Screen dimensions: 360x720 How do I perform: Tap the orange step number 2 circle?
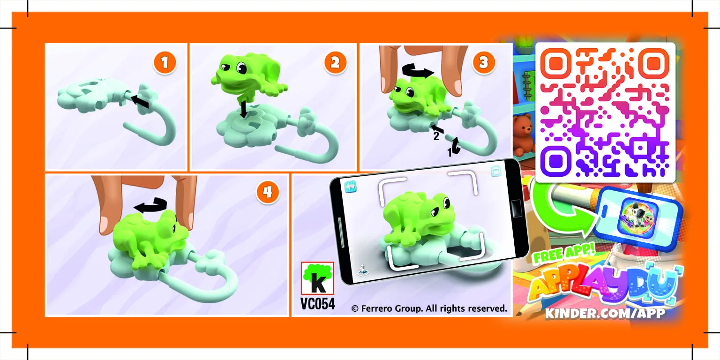(x=335, y=63)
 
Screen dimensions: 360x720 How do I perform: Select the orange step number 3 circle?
(x=483, y=62)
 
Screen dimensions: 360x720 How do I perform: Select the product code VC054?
(x=318, y=304)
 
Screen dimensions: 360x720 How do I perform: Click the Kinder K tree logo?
(x=317, y=278)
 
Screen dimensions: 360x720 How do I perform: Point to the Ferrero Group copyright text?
(x=429, y=308)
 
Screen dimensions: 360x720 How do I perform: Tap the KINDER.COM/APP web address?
(x=605, y=313)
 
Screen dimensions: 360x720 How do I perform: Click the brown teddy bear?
(x=524, y=134)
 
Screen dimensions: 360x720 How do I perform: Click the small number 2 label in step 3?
(x=435, y=137)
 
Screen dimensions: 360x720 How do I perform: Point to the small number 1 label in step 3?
(x=450, y=153)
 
